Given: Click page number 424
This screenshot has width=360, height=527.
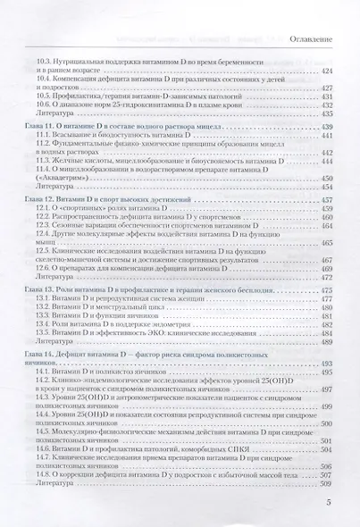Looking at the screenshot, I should tap(326, 71).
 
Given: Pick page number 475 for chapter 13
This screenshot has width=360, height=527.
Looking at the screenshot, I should tap(326, 291).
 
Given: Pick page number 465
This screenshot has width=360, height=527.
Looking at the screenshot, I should tap(326, 243).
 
